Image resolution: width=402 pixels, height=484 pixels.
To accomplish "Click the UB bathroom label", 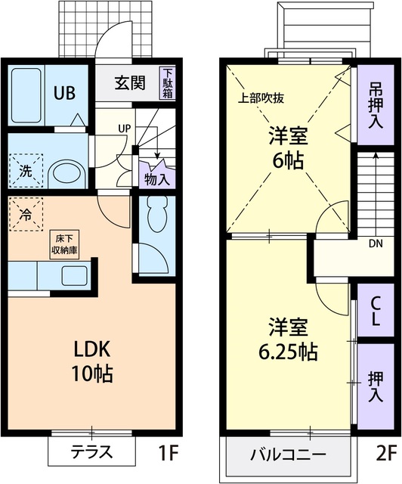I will pyautogui.click(x=63, y=93).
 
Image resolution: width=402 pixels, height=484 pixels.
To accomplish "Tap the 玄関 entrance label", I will pyautogui.click(x=129, y=83).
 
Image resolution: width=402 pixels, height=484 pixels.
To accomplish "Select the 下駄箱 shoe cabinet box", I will pyautogui.click(x=167, y=83).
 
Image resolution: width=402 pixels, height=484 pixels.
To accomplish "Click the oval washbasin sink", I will pyautogui.click(x=70, y=172).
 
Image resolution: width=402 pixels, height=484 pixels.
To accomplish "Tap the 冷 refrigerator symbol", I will pyautogui.click(x=25, y=215).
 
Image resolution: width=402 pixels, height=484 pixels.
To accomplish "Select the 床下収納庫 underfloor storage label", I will pyautogui.click(x=66, y=247).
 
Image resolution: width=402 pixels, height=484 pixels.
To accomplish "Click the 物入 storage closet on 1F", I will pyautogui.click(x=156, y=178).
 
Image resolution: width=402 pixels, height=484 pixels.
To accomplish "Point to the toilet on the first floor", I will pyautogui.click(x=156, y=216).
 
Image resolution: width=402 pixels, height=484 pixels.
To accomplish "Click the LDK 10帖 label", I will pyautogui.click(x=92, y=361).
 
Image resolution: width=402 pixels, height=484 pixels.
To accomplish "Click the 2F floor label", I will pyautogui.click(x=385, y=454).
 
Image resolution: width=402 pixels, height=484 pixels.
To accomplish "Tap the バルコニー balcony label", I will pyautogui.click(x=288, y=455).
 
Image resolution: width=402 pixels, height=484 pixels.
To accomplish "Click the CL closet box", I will pyautogui.click(x=375, y=310).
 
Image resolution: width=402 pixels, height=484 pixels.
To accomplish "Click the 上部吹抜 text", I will pyautogui.click(x=261, y=98).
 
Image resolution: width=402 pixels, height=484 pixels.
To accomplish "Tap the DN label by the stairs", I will pyautogui.click(x=375, y=244).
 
